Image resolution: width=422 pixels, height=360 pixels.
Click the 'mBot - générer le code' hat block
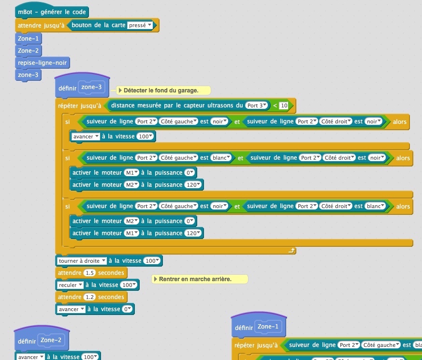(x=52, y=13)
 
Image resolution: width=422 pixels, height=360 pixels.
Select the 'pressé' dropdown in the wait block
(x=140, y=25)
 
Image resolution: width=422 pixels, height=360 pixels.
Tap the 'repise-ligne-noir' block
(x=43, y=62)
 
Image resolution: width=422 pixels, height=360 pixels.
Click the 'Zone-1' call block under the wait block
(x=29, y=38)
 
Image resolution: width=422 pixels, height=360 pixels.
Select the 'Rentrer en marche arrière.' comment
(x=199, y=279)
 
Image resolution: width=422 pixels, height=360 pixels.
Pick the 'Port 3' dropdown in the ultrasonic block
(x=256, y=105)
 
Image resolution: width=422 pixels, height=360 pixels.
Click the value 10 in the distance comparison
(x=284, y=105)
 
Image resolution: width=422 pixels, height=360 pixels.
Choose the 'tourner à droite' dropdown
(x=82, y=261)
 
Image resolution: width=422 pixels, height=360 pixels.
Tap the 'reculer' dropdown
(x=71, y=285)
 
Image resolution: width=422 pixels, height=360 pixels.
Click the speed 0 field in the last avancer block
(x=128, y=309)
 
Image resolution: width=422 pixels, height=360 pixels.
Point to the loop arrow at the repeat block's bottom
(x=291, y=251)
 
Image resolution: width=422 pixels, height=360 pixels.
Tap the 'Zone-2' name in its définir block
(x=51, y=340)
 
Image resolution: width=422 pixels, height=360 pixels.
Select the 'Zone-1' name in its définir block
(x=268, y=327)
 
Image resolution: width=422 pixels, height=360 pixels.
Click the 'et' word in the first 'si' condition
(x=237, y=122)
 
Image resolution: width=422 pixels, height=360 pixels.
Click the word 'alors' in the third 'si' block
(x=403, y=207)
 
